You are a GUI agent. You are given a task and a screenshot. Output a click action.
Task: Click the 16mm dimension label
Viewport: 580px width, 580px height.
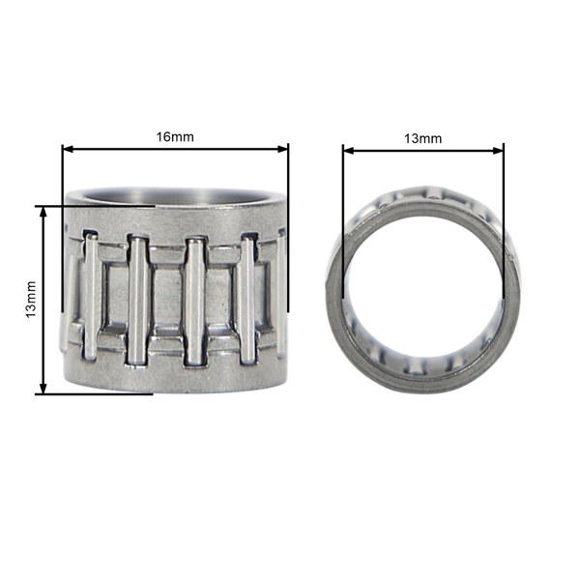tap(175, 136)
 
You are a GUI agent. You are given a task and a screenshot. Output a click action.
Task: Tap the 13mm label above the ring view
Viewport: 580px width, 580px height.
tap(422, 138)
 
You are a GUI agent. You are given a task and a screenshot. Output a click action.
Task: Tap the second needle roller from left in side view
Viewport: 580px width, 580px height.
tap(139, 300)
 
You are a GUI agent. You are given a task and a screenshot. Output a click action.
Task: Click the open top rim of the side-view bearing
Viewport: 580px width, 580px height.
tap(174, 192)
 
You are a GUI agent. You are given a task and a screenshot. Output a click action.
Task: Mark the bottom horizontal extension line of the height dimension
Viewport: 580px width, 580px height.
tap(97, 393)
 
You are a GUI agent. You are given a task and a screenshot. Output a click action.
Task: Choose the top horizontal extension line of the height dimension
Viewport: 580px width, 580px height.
tap(97, 206)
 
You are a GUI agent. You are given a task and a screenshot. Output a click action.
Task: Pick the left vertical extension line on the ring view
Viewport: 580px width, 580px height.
tap(343, 222)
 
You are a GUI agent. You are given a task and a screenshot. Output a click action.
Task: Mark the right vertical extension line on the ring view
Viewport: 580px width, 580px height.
tap(504, 222)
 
